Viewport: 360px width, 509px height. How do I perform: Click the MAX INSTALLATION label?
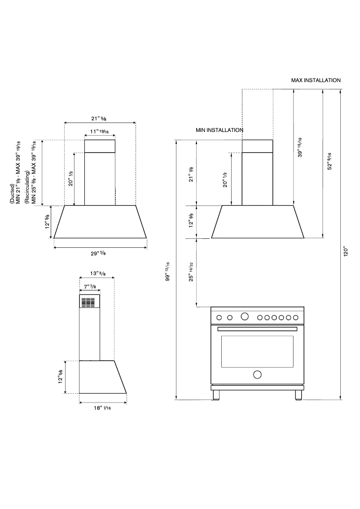316,80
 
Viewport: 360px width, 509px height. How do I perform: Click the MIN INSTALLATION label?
219,130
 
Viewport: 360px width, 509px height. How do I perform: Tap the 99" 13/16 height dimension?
168,271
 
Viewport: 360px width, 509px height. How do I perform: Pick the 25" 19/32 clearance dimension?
192,272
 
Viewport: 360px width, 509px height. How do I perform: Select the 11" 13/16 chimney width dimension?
99,132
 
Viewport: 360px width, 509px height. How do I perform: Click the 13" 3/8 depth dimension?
97,273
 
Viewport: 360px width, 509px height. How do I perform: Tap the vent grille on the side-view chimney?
89,302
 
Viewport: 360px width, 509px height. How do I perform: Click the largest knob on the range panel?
244,316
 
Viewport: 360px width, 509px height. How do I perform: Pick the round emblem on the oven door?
257,374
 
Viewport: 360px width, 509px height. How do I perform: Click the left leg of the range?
217,395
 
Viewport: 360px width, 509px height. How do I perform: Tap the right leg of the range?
298,395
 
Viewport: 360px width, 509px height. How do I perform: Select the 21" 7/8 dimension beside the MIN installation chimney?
192,173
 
